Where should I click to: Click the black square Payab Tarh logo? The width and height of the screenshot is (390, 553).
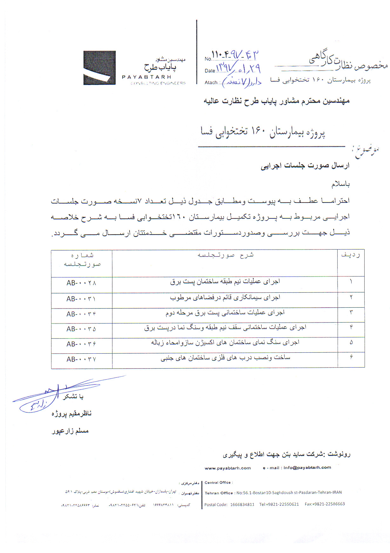click(x=99, y=68)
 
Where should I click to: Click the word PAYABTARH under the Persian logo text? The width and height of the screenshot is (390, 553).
click(x=146, y=77)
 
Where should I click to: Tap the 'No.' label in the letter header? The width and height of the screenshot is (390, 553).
click(x=208, y=59)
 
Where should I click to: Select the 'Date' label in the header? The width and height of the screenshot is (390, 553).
click(x=210, y=71)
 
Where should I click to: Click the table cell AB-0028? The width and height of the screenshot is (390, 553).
click(x=81, y=283)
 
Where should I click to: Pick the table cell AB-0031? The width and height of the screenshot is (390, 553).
click(x=81, y=299)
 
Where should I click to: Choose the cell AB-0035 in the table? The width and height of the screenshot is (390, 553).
click(x=81, y=329)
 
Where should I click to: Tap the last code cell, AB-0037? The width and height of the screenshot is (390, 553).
click(x=81, y=359)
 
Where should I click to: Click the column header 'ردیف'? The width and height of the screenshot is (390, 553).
click(x=351, y=255)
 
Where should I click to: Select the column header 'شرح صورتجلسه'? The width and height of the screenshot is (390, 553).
click(x=225, y=255)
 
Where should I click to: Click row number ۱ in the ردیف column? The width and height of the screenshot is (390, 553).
click(x=351, y=282)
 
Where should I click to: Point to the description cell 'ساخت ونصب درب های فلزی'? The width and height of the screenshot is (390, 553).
click(x=225, y=358)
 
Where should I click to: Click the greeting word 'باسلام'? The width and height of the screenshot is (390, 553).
click(x=340, y=184)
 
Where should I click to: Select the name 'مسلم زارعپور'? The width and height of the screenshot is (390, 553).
click(x=70, y=431)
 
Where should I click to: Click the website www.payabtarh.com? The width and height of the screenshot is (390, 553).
click(x=228, y=468)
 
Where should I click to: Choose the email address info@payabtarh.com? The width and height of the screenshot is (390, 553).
click(x=307, y=467)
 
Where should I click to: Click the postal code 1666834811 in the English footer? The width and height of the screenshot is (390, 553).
click(x=242, y=504)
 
